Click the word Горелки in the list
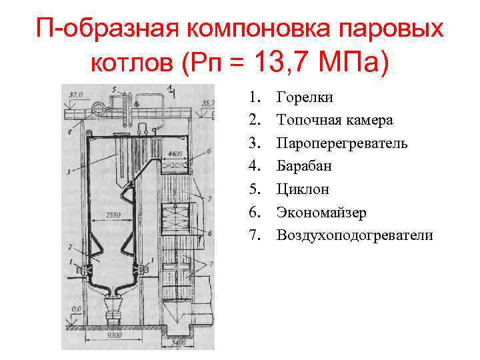pyautogui.click(x=305, y=97)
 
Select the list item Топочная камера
pyautogui.click(x=335, y=120)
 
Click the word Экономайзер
pyautogui.click(x=321, y=212)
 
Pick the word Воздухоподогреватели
pyautogui.click(x=355, y=235)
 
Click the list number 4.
pyautogui.click(x=255, y=166)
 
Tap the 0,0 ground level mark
pyautogui.click(x=76, y=309)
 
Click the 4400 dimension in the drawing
pyautogui.click(x=175, y=154)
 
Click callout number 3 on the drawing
pyautogui.click(x=69, y=172)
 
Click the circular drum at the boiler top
pyautogui.click(x=99, y=107)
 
